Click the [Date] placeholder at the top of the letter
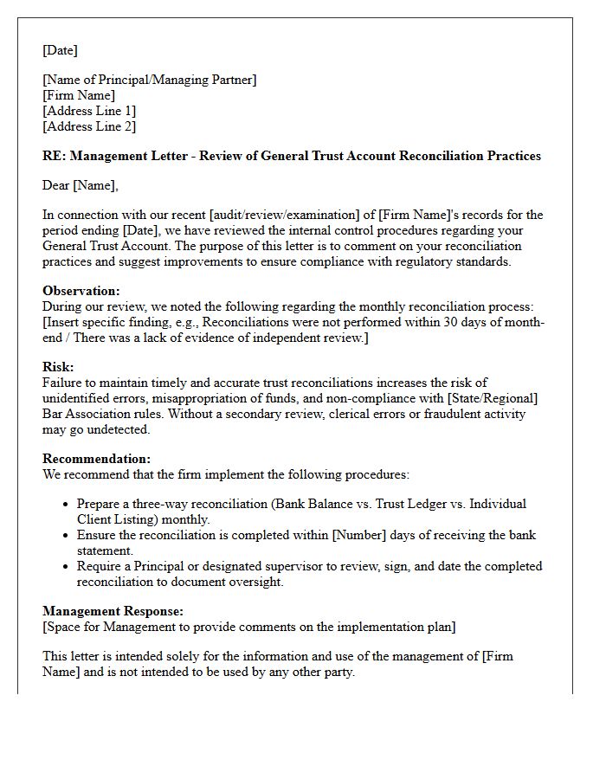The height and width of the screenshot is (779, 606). (60, 50)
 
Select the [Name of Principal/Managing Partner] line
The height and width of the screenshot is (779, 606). (150, 80)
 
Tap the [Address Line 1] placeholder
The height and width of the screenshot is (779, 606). (89, 111)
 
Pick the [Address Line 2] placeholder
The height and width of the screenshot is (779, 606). (89, 126)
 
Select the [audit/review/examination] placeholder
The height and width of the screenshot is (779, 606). (278, 215)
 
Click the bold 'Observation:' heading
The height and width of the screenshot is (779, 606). (81, 291)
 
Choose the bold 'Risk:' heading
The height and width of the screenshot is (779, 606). (58, 367)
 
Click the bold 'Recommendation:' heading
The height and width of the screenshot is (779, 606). (96, 459)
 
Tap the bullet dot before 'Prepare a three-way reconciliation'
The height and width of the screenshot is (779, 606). (67, 505)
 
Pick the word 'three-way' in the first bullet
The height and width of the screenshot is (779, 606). (158, 504)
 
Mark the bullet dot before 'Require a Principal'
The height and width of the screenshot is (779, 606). (67, 567)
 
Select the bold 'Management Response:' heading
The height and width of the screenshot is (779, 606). (113, 611)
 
